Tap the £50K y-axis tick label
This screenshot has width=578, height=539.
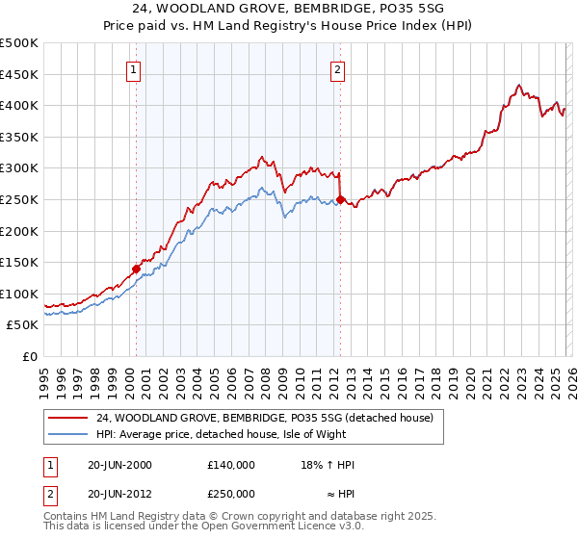coord(23,325)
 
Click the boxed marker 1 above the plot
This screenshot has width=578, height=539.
coord(133,68)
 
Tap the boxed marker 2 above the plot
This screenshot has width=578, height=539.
coord(338,68)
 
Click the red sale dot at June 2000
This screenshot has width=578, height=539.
coord(136,269)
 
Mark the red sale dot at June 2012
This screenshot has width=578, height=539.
coord(340,199)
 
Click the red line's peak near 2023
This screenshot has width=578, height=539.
coord(518,85)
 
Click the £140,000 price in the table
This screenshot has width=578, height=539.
coord(230,464)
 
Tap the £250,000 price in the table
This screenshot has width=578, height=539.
coord(230,493)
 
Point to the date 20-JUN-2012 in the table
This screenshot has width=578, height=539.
coord(119,493)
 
